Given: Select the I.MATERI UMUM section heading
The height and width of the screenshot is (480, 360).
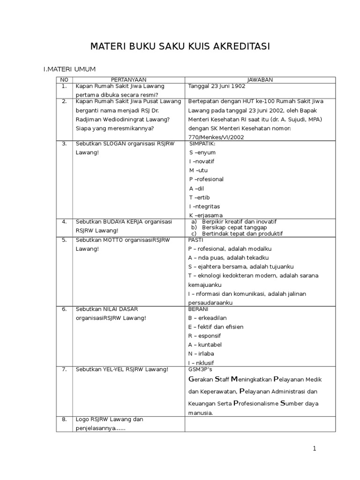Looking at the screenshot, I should [x=69, y=69].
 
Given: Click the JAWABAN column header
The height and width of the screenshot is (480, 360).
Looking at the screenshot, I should [x=260, y=80].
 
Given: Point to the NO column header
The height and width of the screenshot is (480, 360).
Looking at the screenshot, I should [x=64, y=80].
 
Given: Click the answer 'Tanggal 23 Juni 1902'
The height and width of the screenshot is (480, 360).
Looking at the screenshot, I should [x=217, y=86].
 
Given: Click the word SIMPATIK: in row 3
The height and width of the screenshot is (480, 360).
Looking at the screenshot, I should [x=202, y=143].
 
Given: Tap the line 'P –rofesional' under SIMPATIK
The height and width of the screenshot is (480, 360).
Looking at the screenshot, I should [x=206, y=179].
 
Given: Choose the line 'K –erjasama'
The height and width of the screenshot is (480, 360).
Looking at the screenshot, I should [x=206, y=215].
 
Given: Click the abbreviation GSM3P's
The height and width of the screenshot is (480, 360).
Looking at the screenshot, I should [x=200, y=369].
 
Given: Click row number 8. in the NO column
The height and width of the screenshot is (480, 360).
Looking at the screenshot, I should [x=64, y=420].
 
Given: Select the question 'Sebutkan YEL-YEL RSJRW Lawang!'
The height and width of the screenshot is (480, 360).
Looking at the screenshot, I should [x=122, y=369].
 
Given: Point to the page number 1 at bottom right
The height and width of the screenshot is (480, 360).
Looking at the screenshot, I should [x=315, y=449].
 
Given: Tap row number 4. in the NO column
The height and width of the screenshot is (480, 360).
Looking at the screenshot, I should [x=64, y=221].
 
